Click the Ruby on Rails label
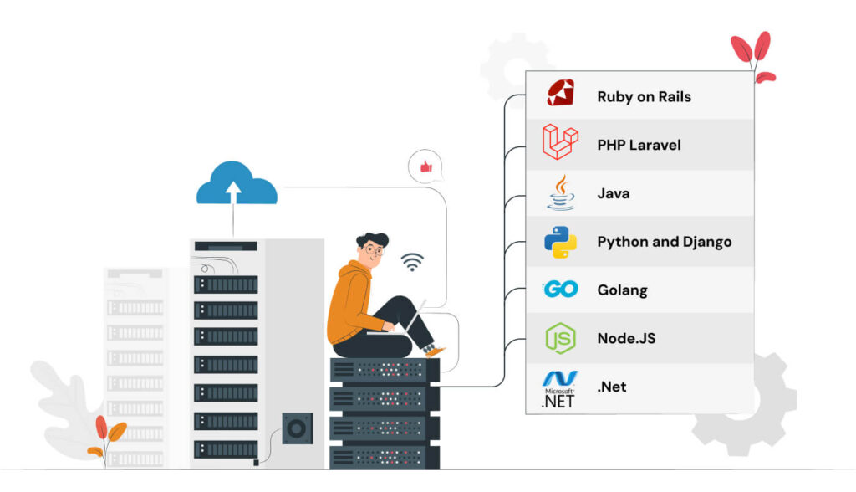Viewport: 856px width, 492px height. (644, 96)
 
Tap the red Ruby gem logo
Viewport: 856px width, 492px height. (560, 93)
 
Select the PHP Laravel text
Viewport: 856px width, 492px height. (639, 145)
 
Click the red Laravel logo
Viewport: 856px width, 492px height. (560, 142)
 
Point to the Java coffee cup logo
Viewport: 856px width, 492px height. (561, 192)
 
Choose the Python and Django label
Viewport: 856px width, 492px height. (664, 242)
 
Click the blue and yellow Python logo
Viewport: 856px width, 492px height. (560, 242)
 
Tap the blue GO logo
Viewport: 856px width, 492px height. (560, 290)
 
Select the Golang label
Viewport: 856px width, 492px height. (622, 290)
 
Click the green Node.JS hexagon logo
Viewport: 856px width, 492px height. (560, 338)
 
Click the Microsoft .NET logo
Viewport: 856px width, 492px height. (559, 389)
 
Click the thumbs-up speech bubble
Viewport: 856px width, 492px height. (425, 167)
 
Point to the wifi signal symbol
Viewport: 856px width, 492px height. (411, 262)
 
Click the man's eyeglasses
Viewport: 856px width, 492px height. (372, 249)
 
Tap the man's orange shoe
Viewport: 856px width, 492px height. (435, 351)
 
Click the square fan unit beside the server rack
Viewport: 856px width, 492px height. (296, 428)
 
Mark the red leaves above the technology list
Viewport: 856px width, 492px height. (752, 55)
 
